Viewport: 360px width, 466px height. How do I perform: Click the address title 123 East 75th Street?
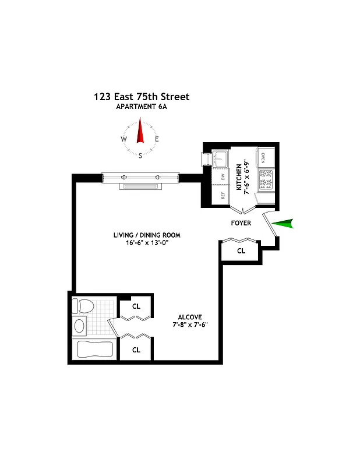tap(141, 97)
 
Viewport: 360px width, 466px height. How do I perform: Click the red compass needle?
tap(140, 130)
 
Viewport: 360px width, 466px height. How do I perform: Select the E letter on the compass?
tap(157, 139)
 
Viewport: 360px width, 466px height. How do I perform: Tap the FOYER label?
tap(241, 223)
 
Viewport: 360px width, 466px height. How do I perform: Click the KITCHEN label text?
tap(239, 177)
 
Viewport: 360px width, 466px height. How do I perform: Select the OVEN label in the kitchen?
tap(263, 157)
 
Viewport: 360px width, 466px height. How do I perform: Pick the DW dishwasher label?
tap(222, 177)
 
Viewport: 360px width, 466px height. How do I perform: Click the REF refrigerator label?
tap(222, 196)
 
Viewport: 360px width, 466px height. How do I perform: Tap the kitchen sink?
tap(221, 157)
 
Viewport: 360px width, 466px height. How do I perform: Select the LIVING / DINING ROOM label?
tap(147, 235)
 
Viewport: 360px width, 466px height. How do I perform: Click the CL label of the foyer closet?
tap(241, 251)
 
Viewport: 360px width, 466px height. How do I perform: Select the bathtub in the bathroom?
tap(93, 349)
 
